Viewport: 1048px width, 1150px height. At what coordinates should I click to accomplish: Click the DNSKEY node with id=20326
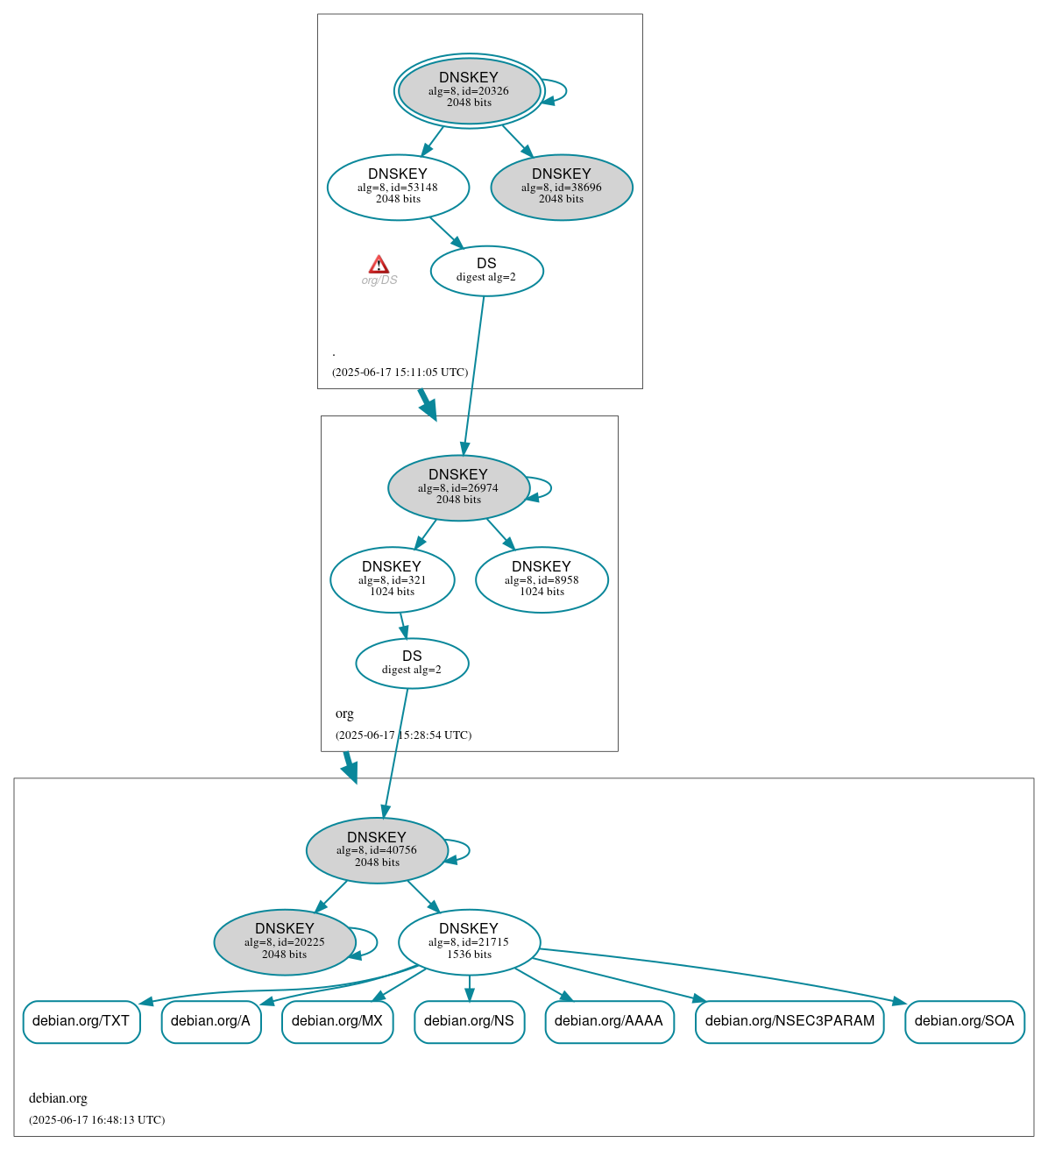pyautogui.click(x=469, y=90)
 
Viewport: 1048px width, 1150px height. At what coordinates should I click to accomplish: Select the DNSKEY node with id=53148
pyautogui.click(x=398, y=187)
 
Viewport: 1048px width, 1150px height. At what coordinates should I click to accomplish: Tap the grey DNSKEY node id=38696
pyautogui.click(x=562, y=187)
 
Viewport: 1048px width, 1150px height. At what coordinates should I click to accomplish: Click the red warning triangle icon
pyautogui.click(x=379, y=265)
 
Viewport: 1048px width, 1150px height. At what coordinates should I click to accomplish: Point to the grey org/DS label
pyautogui.click(x=379, y=280)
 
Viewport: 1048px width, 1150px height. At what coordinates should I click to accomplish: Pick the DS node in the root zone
pyautogui.click(x=486, y=271)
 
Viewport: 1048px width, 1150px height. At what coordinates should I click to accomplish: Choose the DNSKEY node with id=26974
pyautogui.click(x=458, y=487)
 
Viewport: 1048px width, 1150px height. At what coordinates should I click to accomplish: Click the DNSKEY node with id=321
pyautogui.click(x=392, y=579)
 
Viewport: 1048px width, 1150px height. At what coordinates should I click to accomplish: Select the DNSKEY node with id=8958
pyautogui.click(x=542, y=579)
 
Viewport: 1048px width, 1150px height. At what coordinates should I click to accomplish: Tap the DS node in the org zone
pyautogui.click(x=412, y=664)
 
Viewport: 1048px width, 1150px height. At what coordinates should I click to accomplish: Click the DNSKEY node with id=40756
pyautogui.click(x=377, y=850)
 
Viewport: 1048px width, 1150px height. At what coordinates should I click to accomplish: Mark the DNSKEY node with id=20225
pyautogui.click(x=285, y=942)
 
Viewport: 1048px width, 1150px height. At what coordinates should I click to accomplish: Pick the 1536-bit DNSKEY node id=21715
pyautogui.click(x=469, y=942)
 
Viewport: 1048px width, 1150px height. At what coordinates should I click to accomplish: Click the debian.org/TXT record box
pyautogui.click(x=81, y=1021)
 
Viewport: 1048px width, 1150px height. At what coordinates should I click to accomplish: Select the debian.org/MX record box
pyautogui.click(x=337, y=1021)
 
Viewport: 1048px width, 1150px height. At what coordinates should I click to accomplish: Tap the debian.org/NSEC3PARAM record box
pyautogui.click(x=790, y=1021)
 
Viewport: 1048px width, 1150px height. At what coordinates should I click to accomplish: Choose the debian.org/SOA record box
pyautogui.click(x=964, y=1021)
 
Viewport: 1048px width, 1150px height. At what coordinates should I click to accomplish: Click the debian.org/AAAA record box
pyautogui.click(x=609, y=1021)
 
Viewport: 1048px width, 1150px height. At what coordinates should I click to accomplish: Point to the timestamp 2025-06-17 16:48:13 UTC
pyautogui.click(x=96, y=1119)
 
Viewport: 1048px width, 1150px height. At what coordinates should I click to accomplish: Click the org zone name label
pyautogui.click(x=344, y=713)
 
